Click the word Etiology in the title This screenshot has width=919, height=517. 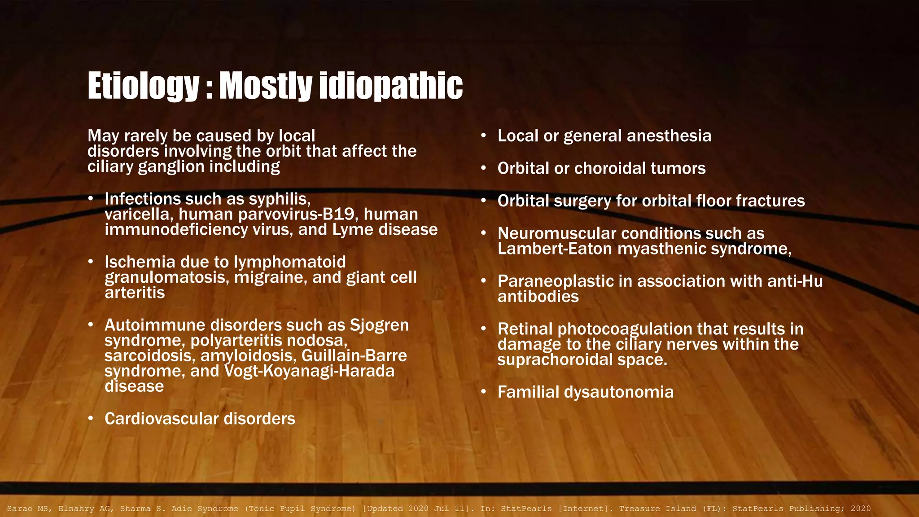click(x=143, y=86)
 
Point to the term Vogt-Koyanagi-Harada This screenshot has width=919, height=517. click(x=309, y=371)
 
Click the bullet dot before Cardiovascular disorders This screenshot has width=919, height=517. click(x=91, y=419)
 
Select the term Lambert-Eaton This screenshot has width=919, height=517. click(x=555, y=249)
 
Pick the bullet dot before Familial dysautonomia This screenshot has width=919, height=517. click(x=483, y=392)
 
